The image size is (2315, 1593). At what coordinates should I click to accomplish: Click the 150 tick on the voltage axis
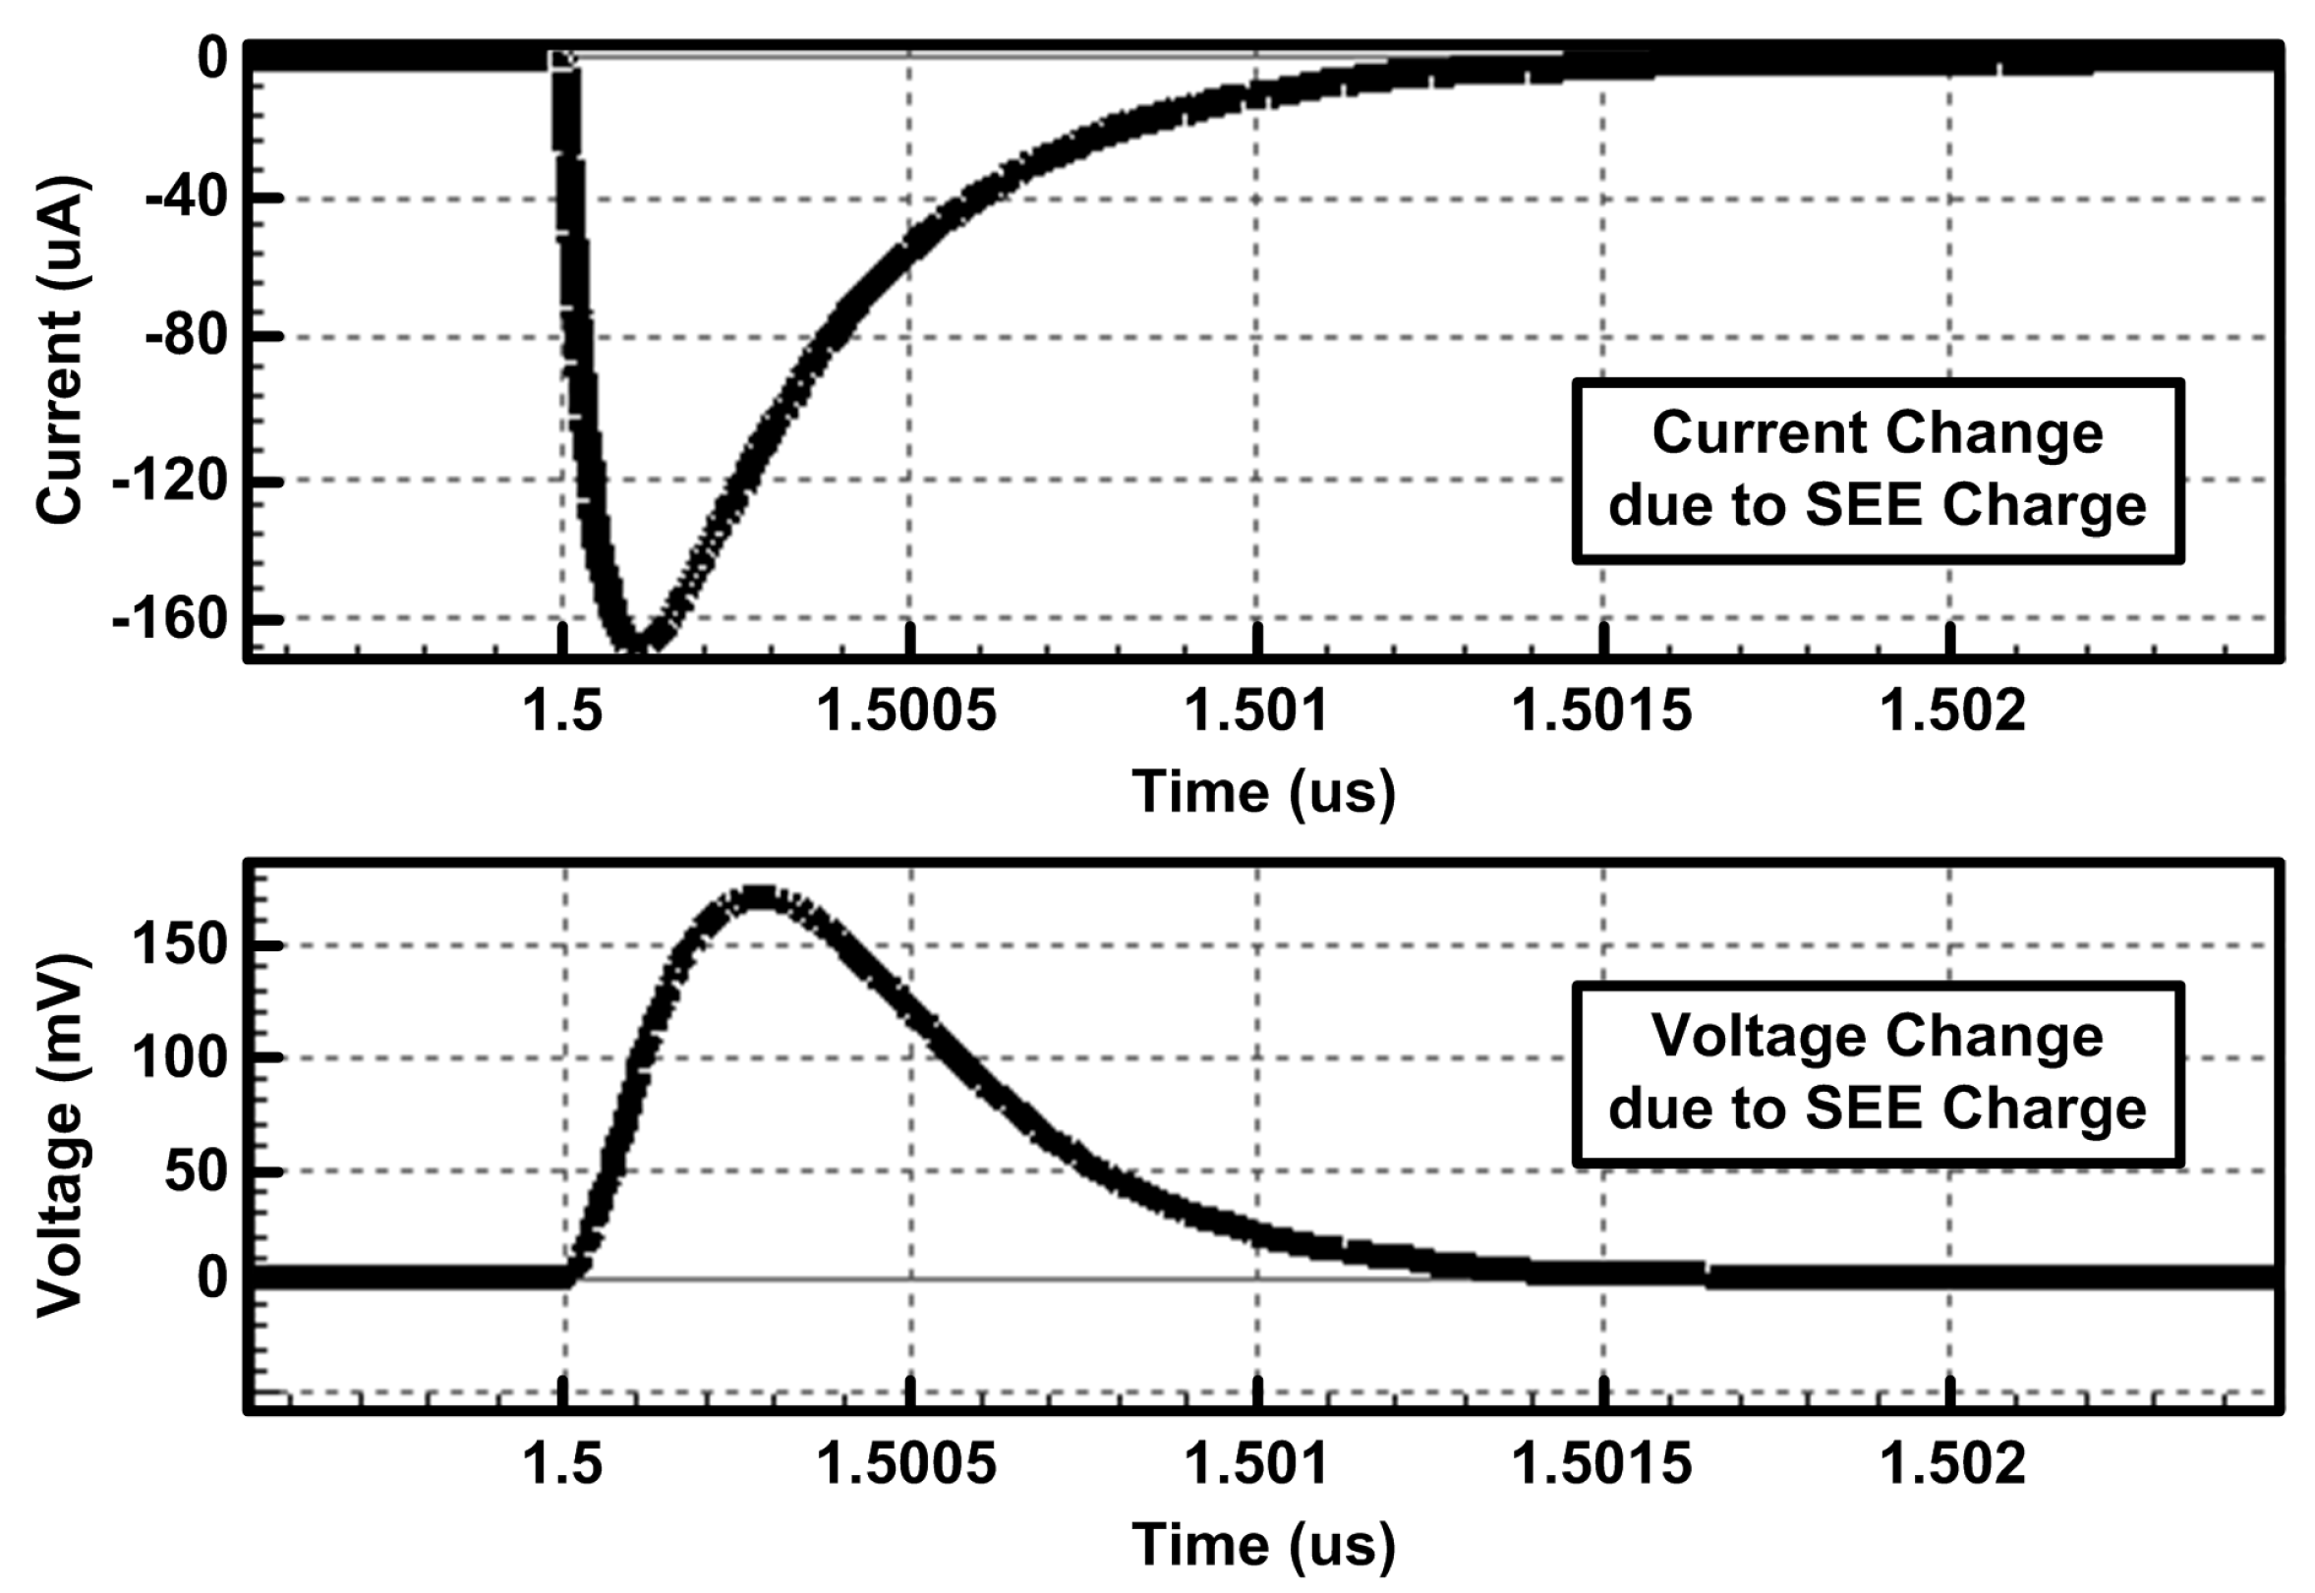click(193, 943)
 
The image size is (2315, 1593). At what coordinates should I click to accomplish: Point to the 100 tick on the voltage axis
click(193, 1057)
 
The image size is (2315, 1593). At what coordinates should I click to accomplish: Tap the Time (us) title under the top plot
click(1262, 792)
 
